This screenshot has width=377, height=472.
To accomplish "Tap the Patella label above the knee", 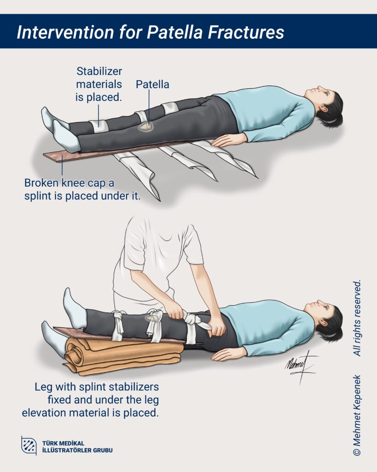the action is tap(152, 84).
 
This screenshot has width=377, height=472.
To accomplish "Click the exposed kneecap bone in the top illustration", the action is tap(146, 127).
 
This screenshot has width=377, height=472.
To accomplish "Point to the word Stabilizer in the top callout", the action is tap(99, 71).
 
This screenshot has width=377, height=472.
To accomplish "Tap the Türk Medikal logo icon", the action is tap(29, 445).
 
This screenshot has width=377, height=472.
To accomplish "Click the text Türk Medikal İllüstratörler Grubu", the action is tap(77, 447).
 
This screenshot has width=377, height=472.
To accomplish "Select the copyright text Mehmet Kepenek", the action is tap(357, 415).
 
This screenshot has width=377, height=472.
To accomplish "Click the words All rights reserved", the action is tap(357, 318).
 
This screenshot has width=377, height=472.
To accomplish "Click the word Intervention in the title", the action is tap(65, 32).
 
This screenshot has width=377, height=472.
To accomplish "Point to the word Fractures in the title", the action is tap(246, 32).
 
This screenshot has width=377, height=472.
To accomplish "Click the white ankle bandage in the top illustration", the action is tap(99, 126).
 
